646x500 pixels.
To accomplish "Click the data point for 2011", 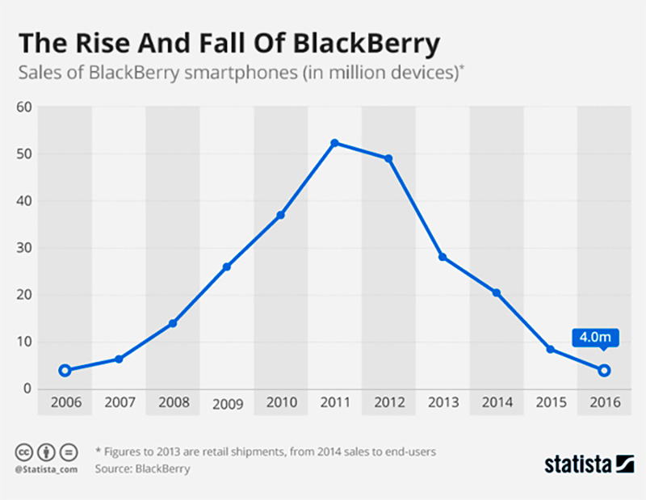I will [334, 143].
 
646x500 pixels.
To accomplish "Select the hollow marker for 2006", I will [65, 371].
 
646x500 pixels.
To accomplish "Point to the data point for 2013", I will [443, 257].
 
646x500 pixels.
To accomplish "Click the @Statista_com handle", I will [46, 468].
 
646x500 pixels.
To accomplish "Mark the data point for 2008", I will [173, 323].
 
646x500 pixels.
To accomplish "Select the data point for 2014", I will [497, 292].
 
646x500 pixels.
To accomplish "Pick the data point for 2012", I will [388, 158].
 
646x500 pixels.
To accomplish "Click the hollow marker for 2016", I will [604, 371].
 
